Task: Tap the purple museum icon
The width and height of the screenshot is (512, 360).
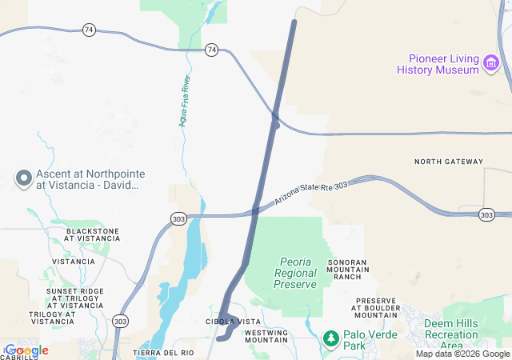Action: [x=491, y=61]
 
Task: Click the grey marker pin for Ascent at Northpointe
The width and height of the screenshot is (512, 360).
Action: [x=23, y=178]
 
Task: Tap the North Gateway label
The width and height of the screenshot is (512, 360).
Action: [x=449, y=162]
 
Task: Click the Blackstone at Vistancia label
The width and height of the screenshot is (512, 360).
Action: [x=93, y=235]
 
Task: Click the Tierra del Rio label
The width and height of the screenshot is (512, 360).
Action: [x=163, y=353]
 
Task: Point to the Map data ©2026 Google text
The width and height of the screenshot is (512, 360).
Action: [x=462, y=354]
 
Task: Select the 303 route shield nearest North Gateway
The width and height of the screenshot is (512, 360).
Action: [x=486, y=214]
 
